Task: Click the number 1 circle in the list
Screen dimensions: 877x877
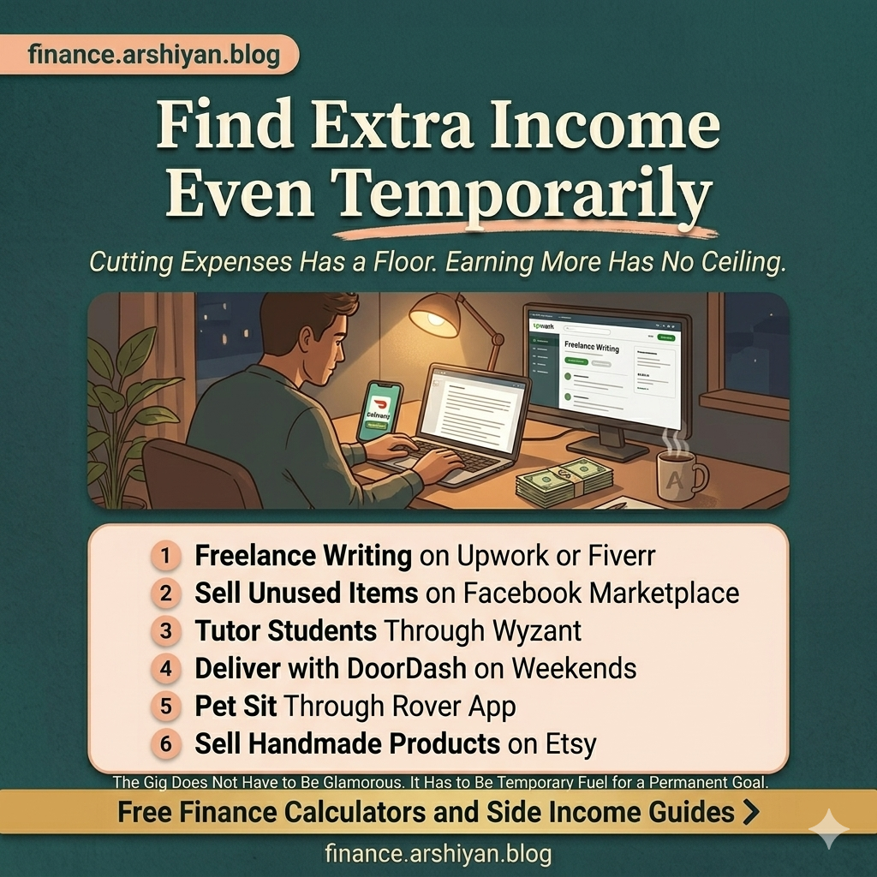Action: (165, 556)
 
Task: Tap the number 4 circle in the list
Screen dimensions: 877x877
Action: (165, 668)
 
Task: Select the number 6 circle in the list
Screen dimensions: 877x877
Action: (165, 743)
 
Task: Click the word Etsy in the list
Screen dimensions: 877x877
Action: (570, 743)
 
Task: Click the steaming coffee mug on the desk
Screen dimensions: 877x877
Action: (680, 476)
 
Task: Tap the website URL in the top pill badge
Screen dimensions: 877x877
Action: (153, 55)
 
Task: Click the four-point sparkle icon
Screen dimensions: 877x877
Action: (828, 829)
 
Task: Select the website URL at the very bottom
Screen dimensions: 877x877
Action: (438, 854)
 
